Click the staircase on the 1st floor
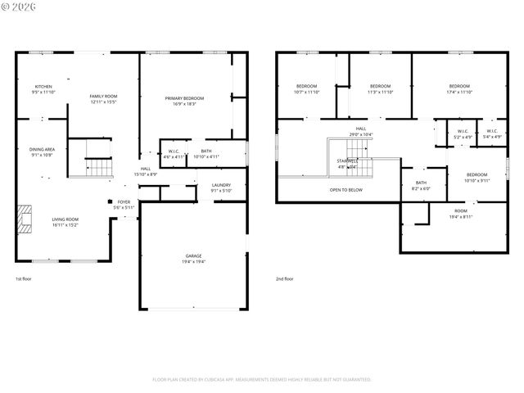(x=99, y=167)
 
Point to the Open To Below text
(x=346, y=190)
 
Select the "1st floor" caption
(x=24, y=279)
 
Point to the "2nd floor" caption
(x=284, y=279)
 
